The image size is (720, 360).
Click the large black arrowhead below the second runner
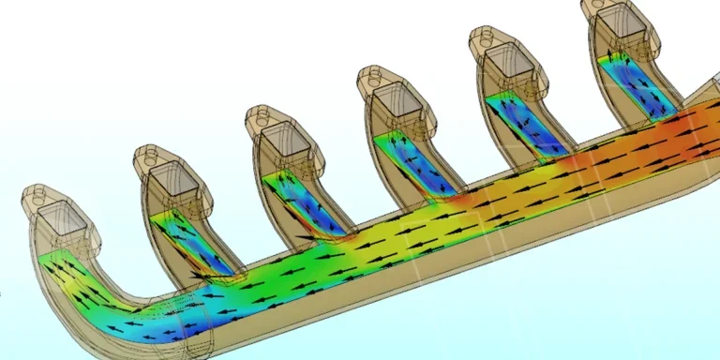(x=197, y=275)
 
